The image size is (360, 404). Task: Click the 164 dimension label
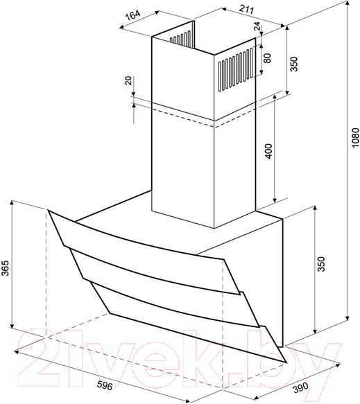pyautogui.click(x=132, y=15)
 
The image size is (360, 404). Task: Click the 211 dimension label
pyautogui.click(x=246, y=9)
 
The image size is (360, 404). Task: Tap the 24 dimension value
pyautogui.click(x=257, y=26)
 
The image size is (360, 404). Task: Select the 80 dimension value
pyautogui.click(x=268, y=58)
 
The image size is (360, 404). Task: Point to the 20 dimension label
pyautogui.click(x=128, y=80)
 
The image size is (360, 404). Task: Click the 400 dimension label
pyautogui.click(x=268, y=152)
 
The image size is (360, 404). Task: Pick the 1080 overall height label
pyautogui.click(x=355, y=138)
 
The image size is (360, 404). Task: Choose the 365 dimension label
pyautogui.click(x=5, y=268)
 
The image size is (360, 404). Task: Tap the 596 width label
pyautogui.click(x=105, y=385)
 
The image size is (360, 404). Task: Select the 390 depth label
pyautogui.click(x=300, y=387)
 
